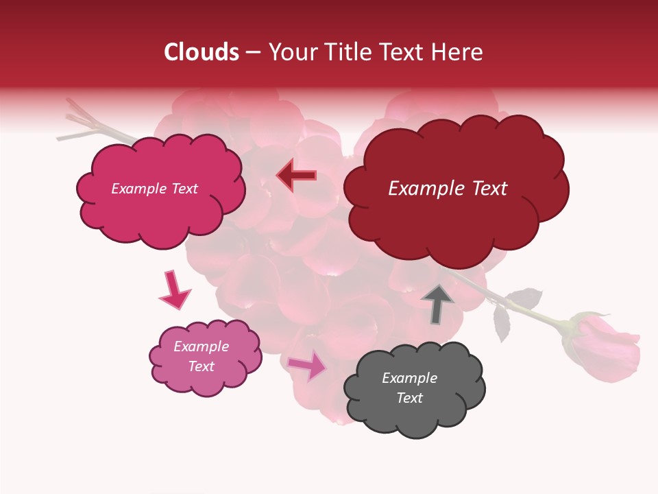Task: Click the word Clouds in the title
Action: [202, 52]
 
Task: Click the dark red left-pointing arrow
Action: [296, 176]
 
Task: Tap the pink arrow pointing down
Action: [174, 290]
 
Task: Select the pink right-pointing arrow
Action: [308, 365]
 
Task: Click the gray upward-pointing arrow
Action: [437, 303]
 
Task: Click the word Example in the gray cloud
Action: [409, 378]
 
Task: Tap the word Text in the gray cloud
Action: [409, 398]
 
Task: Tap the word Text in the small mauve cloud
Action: [202, 366]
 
